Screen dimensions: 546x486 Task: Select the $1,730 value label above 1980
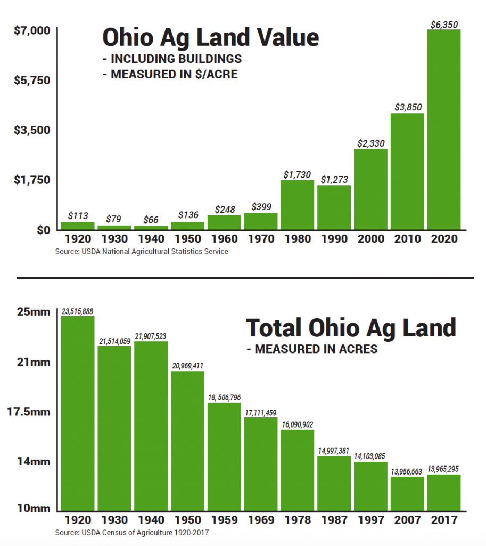point(297,174)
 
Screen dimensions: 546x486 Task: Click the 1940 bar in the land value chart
point(151,227)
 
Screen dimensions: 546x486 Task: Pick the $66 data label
point(151,219)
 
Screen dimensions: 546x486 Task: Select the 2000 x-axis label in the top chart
point(370,239)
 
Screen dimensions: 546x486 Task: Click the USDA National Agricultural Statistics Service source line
point(141,251)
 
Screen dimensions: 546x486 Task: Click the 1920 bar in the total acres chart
point(78,413)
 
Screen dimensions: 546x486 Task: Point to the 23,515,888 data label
point(78,310)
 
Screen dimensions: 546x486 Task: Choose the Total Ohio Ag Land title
point(351,327)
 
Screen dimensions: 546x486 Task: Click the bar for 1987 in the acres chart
point(334,483)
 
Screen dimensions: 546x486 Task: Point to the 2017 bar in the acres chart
point(443,492)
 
